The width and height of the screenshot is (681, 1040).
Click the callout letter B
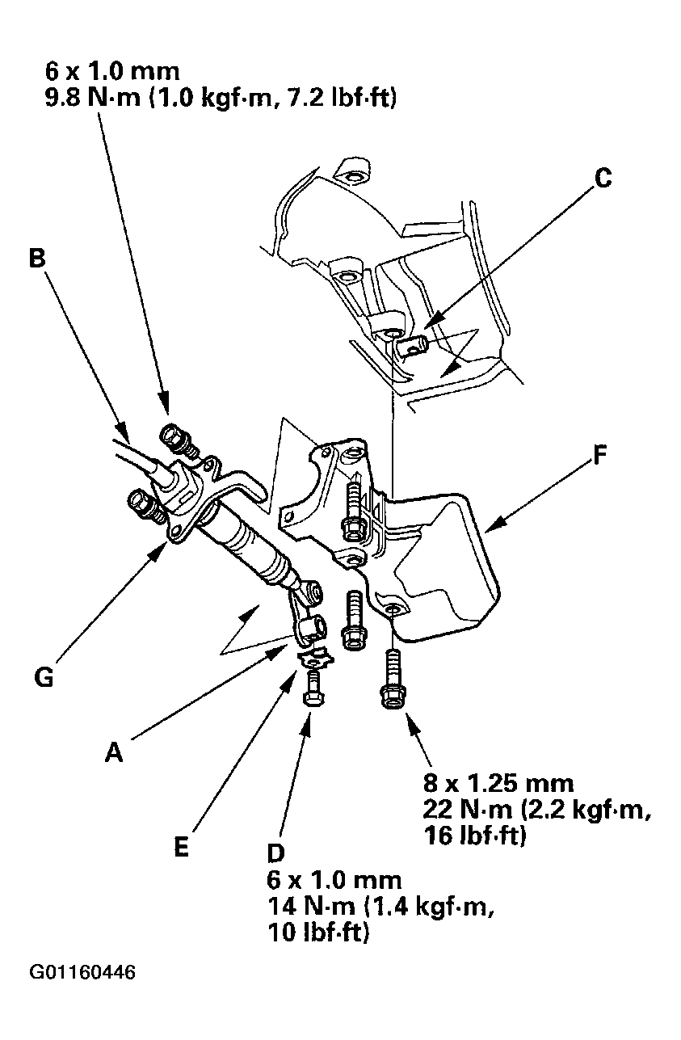(x=36, y=258)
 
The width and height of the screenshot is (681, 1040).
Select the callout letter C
(x=603, y=178)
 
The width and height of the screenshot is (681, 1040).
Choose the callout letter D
(x=276, y=853)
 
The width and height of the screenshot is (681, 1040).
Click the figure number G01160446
(x=83, y=971)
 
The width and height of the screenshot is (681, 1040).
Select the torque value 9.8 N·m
(x=82, y=99)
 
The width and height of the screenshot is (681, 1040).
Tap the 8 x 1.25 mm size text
(x=498, y=782)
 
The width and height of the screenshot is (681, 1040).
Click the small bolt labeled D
(x=313, y=691)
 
